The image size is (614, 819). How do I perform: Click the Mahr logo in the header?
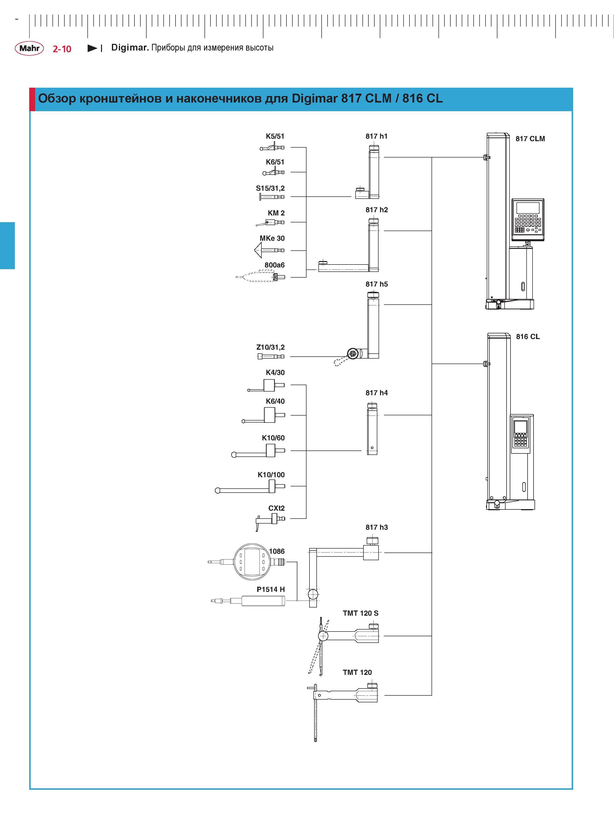point(29,48)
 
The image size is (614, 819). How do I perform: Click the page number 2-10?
point(62,49)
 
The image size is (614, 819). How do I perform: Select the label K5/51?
point(275,136)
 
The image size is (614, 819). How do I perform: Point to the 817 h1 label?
point(376,136)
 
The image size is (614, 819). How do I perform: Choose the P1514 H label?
point(271,589)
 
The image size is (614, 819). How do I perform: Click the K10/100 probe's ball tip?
point(218,491)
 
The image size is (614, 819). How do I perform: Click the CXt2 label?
point(277,508)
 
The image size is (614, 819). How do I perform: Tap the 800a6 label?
point(275,265)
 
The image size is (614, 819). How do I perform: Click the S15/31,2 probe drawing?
point(272,197)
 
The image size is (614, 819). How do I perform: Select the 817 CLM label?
point(530,139)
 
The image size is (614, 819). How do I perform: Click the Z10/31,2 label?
point(271,347)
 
